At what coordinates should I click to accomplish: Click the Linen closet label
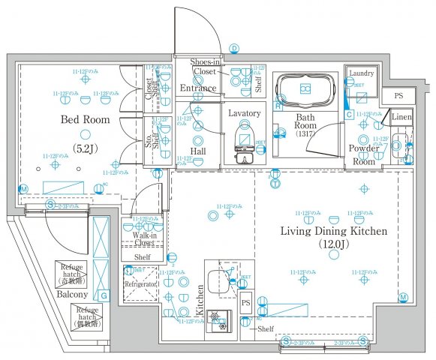(x=401, y=118)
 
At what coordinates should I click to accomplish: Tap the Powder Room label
(x=363, y=154)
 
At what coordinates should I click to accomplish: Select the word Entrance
(x=198, y=88)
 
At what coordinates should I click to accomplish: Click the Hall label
(x=197, y=151)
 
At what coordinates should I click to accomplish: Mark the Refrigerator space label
(x=140, y=286)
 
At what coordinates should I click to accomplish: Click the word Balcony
(x=74, y=295)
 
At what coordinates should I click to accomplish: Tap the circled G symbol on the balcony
(x=104, y=295)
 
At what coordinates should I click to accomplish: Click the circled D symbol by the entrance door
(x=233, y=48)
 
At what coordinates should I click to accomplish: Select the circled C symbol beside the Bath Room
(x=349, y=114)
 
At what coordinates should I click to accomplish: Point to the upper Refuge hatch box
(x=74, y=274)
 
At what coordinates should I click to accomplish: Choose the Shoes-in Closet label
(x=205, y=67)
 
